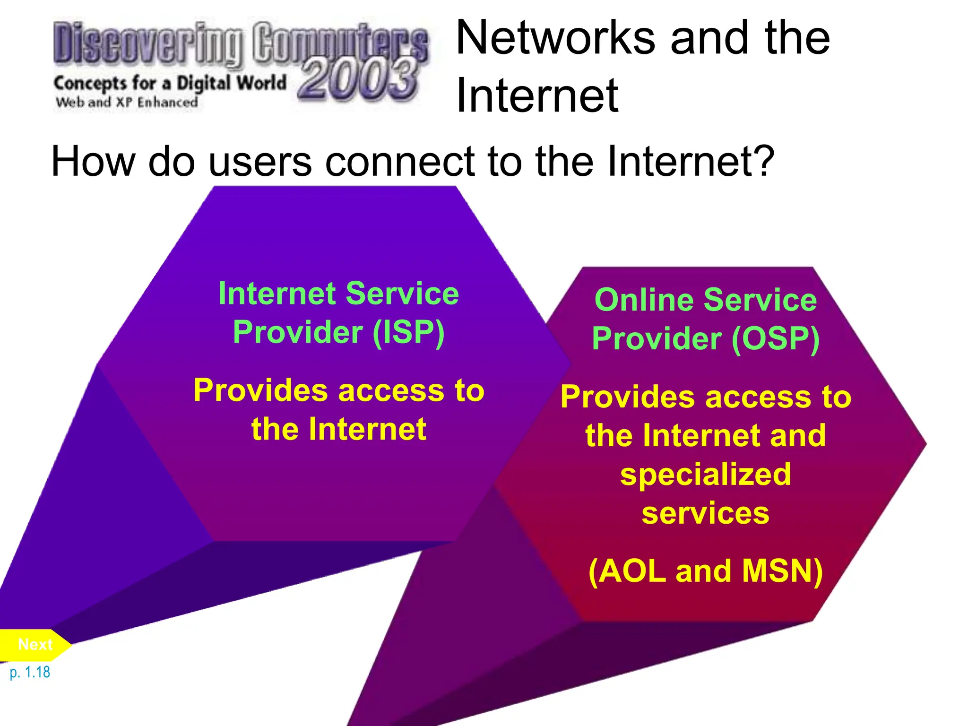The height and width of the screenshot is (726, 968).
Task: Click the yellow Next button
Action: click(35, 645)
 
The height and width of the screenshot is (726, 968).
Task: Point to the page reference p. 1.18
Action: click(30, 672)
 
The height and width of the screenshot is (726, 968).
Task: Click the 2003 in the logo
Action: click(358, 79)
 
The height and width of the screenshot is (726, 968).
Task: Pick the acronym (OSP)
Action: click(776, 339)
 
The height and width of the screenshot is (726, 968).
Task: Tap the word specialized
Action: click(706, 474)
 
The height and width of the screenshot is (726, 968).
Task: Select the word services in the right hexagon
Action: click(706, 513)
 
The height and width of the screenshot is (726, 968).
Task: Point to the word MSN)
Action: click(782, 571)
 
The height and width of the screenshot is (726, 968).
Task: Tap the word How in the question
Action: click(93, 162)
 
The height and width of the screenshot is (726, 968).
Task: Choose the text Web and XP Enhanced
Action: click(127, 102)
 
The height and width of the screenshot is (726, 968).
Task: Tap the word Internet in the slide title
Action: click(537, 96)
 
